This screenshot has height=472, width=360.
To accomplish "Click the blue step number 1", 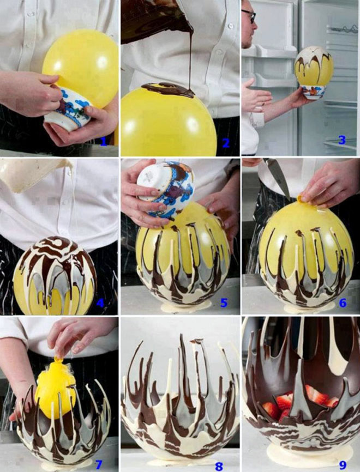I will pyautogui.click(x=104, y=142).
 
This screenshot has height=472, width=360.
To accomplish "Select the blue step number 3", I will pyautogui.click(x=342, y=140).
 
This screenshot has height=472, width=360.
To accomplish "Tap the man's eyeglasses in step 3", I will pyautogui.click(x=250, y=16).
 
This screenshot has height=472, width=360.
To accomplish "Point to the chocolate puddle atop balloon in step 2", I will pyautogui.click(x=169, y=90).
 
